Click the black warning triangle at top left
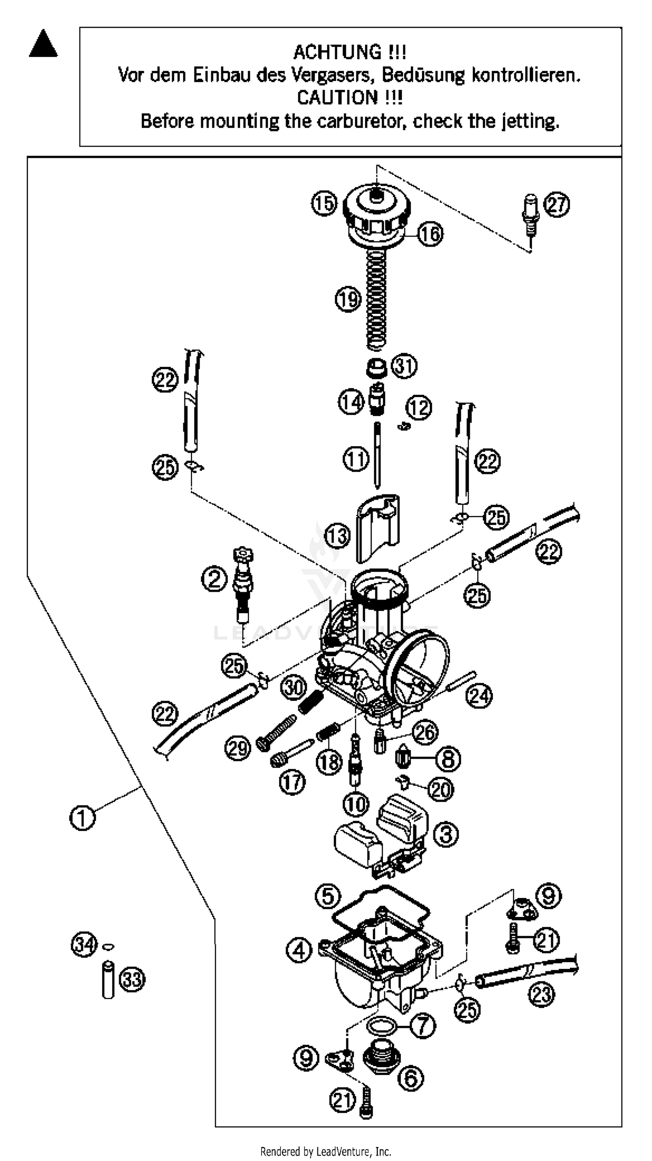[43, 45]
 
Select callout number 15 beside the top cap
[324, 203]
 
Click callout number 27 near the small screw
[557, 205]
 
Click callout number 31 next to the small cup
[404, 366]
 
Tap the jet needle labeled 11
[377, 455]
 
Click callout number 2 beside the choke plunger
[214, 579]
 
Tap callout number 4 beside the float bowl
[299, 951]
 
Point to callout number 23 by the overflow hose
[541, 994]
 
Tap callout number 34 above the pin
[84, 944]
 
